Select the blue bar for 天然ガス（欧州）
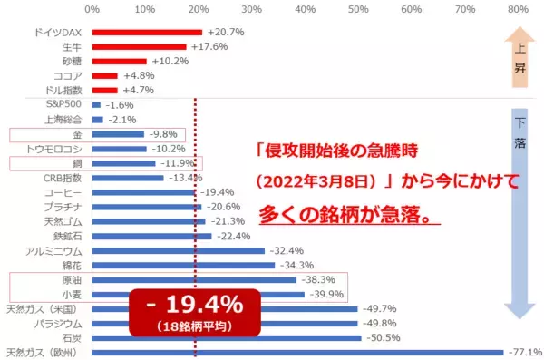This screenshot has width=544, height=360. click(297, 352)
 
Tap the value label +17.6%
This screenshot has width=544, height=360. click(208, 46)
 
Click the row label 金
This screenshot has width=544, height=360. click(77, 133)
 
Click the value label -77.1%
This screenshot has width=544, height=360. click(524, 352)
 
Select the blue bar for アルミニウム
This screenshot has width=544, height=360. click(178, 250)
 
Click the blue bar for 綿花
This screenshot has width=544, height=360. click(182, 265)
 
